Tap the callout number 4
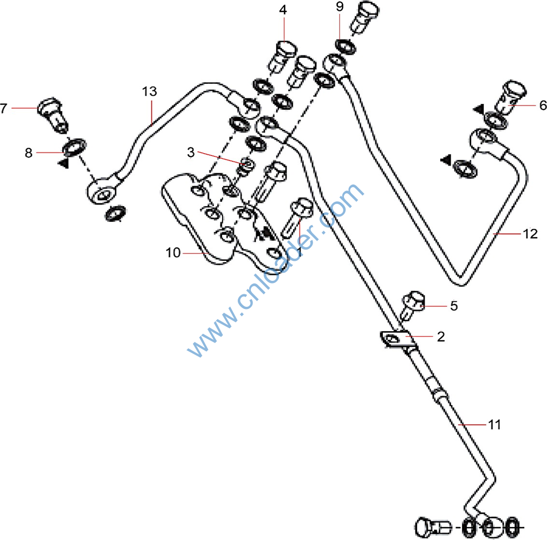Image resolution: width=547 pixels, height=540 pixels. coord(284,9)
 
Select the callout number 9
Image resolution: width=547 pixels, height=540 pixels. coord(340,7)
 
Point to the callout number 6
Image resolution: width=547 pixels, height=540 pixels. coord(542,106)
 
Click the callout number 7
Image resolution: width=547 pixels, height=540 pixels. coord(4,108)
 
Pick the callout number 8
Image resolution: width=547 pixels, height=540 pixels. coord(29,153)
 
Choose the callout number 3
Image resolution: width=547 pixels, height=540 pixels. coord(191,153)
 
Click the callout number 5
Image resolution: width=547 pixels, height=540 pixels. coord(454,306)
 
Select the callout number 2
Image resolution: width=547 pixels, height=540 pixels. coord(441,337)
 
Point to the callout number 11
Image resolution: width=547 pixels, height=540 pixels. coord(494,425)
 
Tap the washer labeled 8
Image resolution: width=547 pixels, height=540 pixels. coord(74,147)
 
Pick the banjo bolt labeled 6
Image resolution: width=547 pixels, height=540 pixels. coord(511,96)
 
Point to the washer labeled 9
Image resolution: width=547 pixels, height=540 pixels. coord(346,47)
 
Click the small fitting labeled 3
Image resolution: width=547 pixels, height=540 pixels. coord(245,166)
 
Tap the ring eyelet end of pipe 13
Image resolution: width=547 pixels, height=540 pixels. coord(101,193)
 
